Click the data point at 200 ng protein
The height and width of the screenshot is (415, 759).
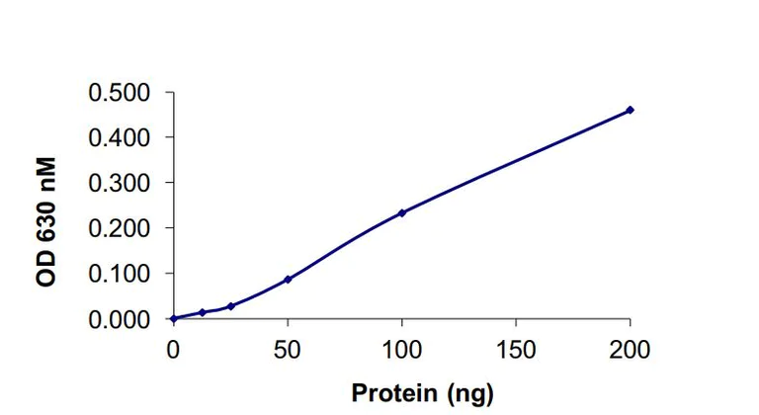click(630, 110)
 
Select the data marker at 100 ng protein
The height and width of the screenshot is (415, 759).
click(401, 212)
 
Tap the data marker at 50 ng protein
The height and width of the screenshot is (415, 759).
click(288, 279)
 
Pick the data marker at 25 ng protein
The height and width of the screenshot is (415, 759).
click(230, 306)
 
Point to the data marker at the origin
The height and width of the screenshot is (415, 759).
click(173, 318)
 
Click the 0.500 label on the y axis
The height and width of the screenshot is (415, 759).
click(121, 93)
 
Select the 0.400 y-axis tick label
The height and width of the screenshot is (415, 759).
click(121, 137)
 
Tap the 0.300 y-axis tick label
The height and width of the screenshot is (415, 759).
click(121, 183)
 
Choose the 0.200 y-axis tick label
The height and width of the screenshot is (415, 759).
click(121, 228)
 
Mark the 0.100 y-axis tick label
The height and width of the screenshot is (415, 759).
click(121, 274)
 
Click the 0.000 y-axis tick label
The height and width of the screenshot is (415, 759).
click(121, 319)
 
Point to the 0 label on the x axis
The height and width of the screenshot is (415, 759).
click(173, 349)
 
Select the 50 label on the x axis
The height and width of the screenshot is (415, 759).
click(288, 349)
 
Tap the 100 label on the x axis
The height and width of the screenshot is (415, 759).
click(401, 349)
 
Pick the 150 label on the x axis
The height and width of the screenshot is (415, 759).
click(516, 349)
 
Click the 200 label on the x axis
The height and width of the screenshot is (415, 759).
click(630, 349)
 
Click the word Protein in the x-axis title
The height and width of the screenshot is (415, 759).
click(392, 392)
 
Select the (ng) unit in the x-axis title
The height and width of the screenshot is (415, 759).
click(465, 393)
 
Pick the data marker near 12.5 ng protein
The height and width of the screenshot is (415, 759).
click(202, 312)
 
